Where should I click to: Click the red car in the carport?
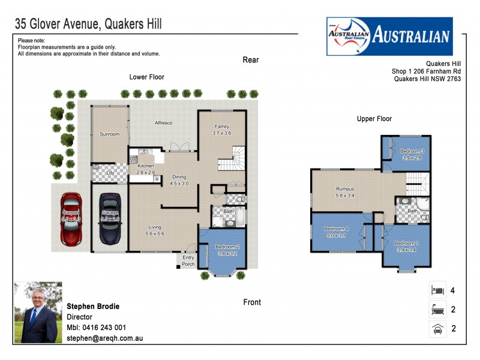tap(71, 219)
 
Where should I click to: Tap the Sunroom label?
tap(109, 134)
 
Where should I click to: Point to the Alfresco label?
tap(164, 123)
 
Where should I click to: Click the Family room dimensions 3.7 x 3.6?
tap(221, 133)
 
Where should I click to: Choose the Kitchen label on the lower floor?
tap(146, 166)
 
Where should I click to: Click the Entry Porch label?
tap(188, 261)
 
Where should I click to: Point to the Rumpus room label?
tap(345, 189)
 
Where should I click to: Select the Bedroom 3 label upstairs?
tap(412, 151)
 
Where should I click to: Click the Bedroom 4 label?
tap(336, 229)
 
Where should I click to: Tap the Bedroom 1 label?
tap(406, 242)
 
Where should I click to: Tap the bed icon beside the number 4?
tap(437, 290)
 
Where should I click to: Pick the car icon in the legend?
tap(437, 328)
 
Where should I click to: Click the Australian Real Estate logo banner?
tap(389, 36)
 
